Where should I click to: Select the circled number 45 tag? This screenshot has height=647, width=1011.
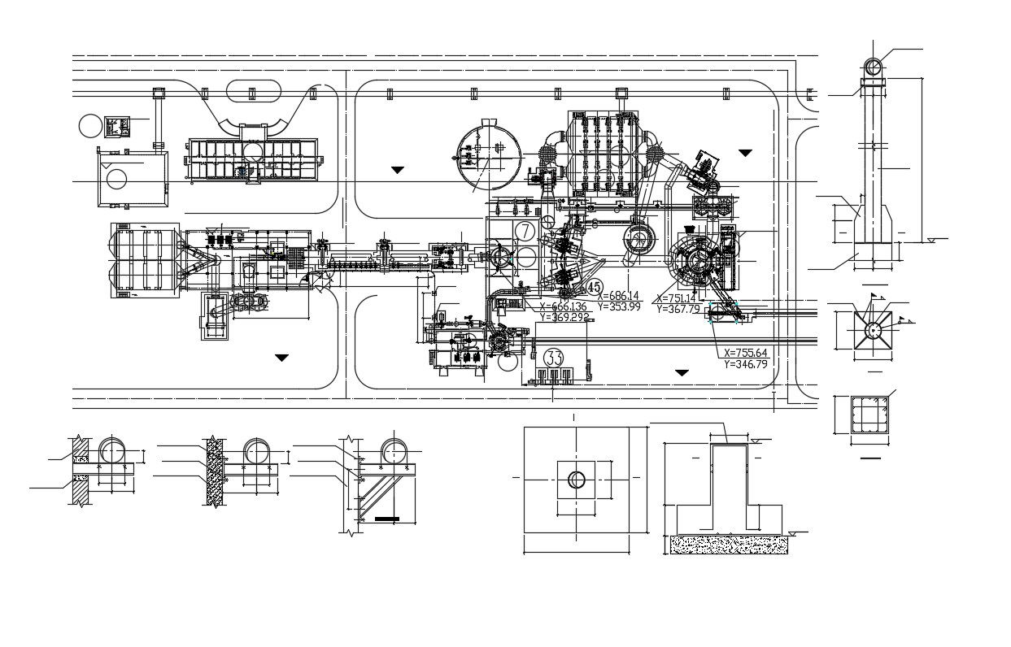click(595, 287)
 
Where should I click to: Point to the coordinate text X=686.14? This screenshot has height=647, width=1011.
click(618, 296)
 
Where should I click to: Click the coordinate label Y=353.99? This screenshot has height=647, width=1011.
click(618, 306)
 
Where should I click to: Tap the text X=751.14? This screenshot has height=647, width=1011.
click(677, 298)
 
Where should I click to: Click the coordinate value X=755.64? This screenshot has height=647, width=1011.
click(745, 353)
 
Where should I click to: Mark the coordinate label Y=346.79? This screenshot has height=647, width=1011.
click(745, 364)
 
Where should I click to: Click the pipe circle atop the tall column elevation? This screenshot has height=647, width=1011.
click(873, 66)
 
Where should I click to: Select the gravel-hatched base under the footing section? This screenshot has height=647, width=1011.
click(729, 545)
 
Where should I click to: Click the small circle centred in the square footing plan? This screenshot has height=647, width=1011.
click(577, 480)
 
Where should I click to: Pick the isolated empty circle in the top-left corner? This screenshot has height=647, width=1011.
click(90, 126)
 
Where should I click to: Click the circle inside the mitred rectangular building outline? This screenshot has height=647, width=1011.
click(117, 179)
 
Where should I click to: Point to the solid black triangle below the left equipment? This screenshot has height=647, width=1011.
click(281, 358)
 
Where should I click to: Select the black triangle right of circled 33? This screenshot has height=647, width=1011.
click(682, 372)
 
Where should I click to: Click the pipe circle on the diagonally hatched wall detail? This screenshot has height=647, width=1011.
click(111, 451)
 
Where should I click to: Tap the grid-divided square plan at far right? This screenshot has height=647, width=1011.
click(864, 416)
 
